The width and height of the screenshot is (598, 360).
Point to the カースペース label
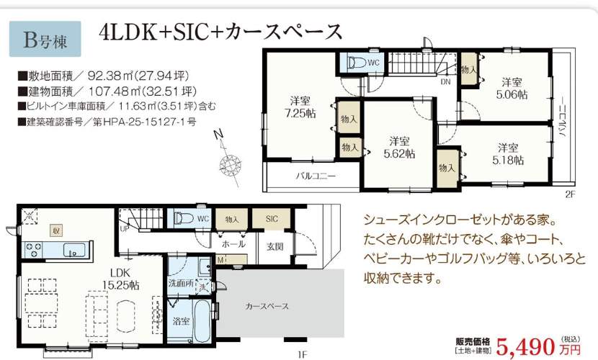tap(267, 306)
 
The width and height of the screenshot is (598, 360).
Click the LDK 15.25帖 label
tap(115, 279)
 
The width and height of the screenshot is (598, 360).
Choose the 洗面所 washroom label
tap(180, 284)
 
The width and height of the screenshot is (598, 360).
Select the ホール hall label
tap(233, 245)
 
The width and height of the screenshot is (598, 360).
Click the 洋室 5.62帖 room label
tap(400, 147)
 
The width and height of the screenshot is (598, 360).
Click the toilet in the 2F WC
tap(356, 63)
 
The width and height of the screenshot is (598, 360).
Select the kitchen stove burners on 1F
tap(32, 251)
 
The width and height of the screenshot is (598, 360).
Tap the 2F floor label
tap(571, 194)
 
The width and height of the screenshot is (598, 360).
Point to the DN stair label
tap(446, 82)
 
